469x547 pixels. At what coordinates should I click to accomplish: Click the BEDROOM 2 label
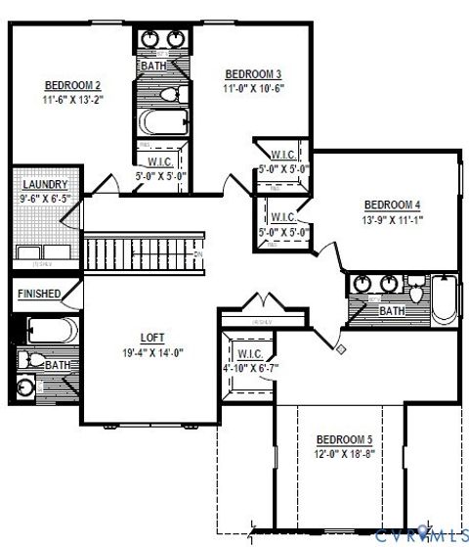tap(73, 85)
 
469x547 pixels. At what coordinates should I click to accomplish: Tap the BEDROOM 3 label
tap(253, 74)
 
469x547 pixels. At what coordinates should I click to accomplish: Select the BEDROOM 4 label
tap(392, 205)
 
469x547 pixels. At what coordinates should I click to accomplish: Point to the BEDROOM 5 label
tap(345, 440)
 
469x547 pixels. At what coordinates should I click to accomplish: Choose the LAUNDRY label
tap(43, 184)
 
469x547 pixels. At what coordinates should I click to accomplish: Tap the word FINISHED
tap(39, 294)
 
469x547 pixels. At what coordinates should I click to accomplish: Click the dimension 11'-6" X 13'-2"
tap(73, 99)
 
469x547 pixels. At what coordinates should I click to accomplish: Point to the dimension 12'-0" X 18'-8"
tap(345, 454)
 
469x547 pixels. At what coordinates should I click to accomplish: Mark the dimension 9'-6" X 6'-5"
tap(43, 198)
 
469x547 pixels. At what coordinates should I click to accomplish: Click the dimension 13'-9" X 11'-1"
tap(392, 219)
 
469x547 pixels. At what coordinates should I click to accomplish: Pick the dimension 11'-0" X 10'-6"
tap(253, 88)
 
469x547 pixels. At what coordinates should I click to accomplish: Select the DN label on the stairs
tap(197, 255)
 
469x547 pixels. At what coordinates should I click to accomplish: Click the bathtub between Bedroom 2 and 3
tap(162, 124)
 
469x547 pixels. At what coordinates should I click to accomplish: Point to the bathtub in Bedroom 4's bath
tap(444, 299)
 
